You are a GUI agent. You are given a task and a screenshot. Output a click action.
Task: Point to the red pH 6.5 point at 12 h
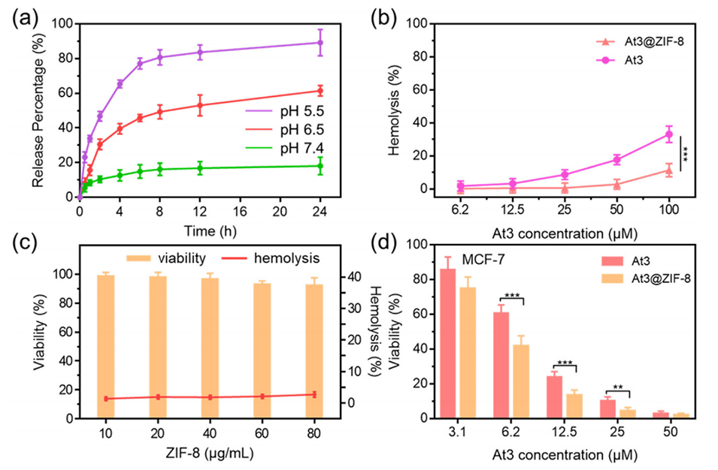tap(200, 104)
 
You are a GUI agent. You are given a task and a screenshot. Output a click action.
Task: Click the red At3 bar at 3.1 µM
tap(448, 343)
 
